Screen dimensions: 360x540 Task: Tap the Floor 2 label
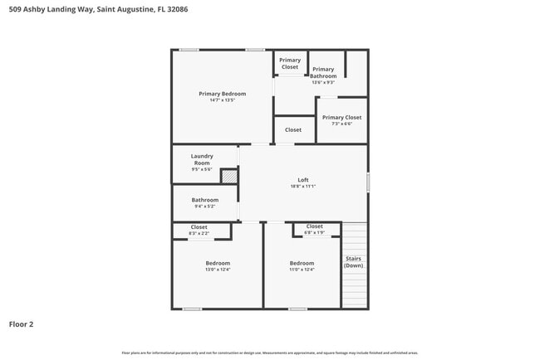(x=21, y=324)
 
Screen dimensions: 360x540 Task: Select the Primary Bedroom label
(x=222, y=94)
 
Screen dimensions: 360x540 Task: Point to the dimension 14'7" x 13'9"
(x=222, y=100)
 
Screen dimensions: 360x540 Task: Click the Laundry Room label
(x=202, y=159)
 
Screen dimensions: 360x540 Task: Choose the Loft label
(x=303, y=180)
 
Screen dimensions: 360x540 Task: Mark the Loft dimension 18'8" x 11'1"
(x=303, y=187)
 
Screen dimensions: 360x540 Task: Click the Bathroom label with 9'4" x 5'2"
(x=204, y=200)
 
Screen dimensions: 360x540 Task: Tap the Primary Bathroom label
(x=323, y=73)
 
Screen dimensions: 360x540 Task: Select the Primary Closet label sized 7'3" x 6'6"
(x=341, y=118)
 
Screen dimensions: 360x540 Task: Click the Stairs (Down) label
(x=354, y=262)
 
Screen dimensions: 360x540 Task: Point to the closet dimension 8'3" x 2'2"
(x=199, y=234)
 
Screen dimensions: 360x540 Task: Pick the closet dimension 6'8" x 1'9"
(x=314, y=233)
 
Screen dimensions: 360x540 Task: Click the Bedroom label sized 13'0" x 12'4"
(x=218, y=263)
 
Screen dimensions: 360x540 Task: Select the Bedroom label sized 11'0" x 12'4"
(x=302, y=263)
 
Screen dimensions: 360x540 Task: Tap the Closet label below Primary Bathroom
(x=293, y=130)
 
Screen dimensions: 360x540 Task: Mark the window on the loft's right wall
(x=368, y=183)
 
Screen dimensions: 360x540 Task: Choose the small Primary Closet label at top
(x=290, y=63)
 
